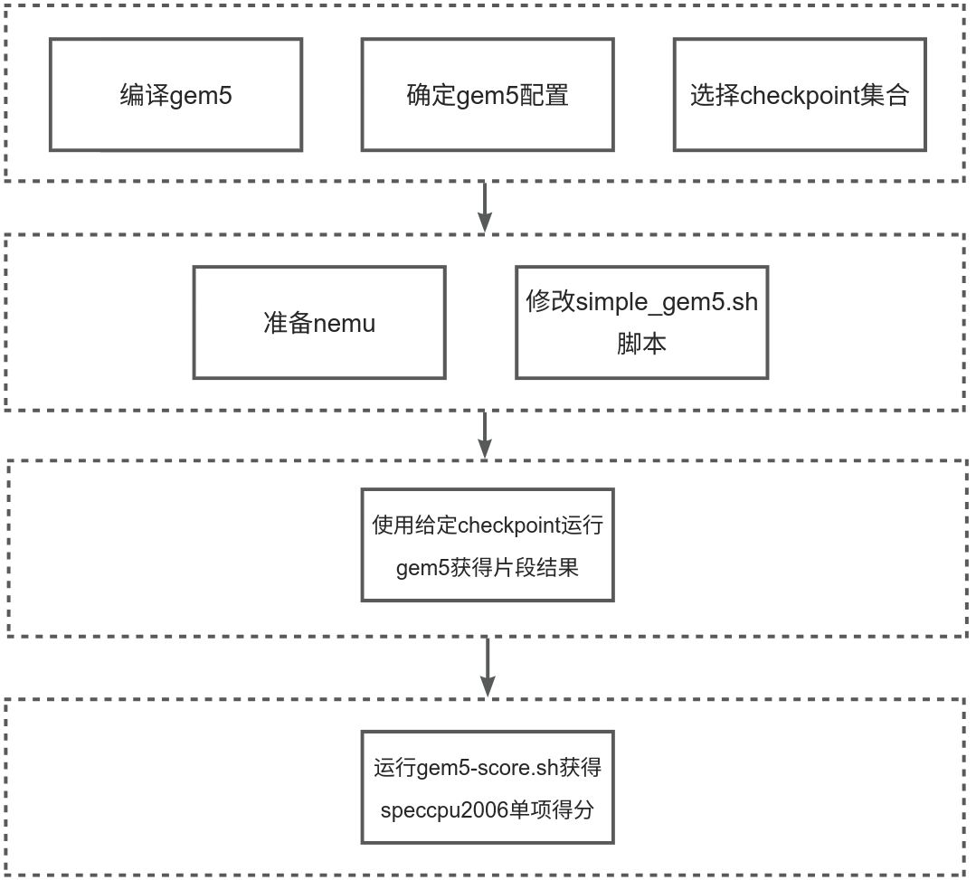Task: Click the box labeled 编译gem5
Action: tap(175, 94)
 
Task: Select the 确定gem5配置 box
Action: tap(488, 94)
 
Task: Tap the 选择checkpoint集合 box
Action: tap(800, 94)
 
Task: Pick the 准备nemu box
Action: tap(319, 322)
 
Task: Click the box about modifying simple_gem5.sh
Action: tap(641, 322)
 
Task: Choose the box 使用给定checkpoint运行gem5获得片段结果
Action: tap(488, 545)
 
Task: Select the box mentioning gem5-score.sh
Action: tap(488, 788)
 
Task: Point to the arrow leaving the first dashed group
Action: tap(485, 206)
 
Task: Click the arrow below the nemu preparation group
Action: tap(485, 434)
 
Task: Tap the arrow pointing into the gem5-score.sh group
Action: tap(488, 667)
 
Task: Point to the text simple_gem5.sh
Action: tap(668, 301)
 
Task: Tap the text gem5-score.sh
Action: tap(488, 769)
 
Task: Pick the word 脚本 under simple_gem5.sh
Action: tap(641, 345)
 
